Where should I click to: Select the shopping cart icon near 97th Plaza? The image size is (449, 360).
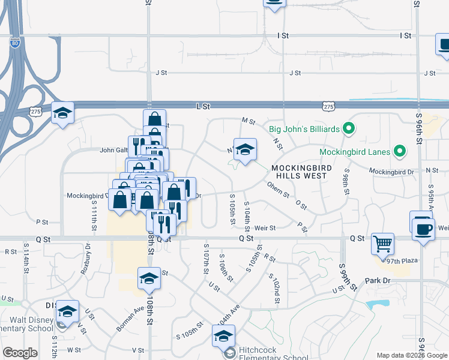pos(382,244)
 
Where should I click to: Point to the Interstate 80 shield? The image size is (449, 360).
pos(15,43)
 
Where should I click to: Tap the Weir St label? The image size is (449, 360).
pos(264,228)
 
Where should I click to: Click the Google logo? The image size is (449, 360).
pos(20,353)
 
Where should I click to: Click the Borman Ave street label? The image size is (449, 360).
pos(131,316)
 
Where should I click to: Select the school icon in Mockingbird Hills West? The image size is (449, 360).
pos(245,149)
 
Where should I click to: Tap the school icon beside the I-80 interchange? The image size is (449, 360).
pos(62,113)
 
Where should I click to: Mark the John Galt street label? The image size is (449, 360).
pos(114,150)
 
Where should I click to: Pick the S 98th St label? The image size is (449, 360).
pos(346,182)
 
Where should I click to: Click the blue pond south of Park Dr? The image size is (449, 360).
pos(378,305)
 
